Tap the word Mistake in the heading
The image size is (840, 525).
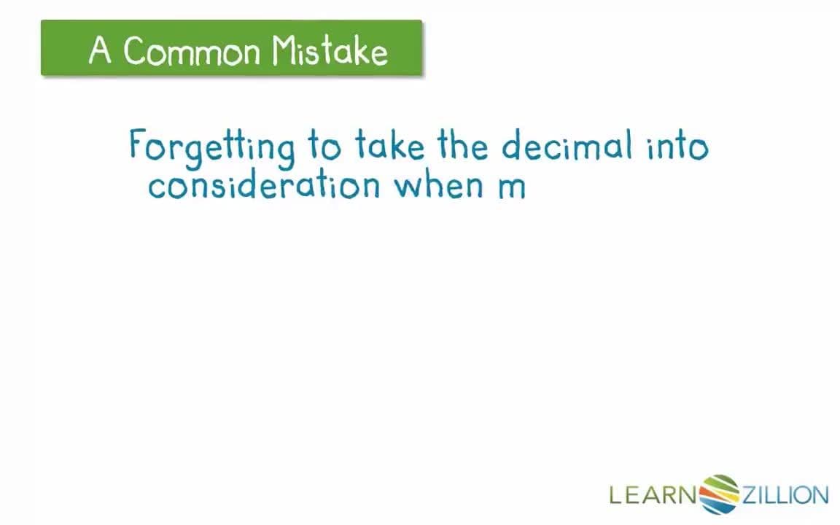point(330,51)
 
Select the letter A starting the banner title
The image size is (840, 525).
point(100,51)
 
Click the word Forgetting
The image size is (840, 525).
point(211,146)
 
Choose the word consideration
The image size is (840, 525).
point(263,185)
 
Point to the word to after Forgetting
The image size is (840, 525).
point(324,146)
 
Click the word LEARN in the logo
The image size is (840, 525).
point(653,496)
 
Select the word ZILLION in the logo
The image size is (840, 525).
point(785,496)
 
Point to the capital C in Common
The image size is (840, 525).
point(133,51)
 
